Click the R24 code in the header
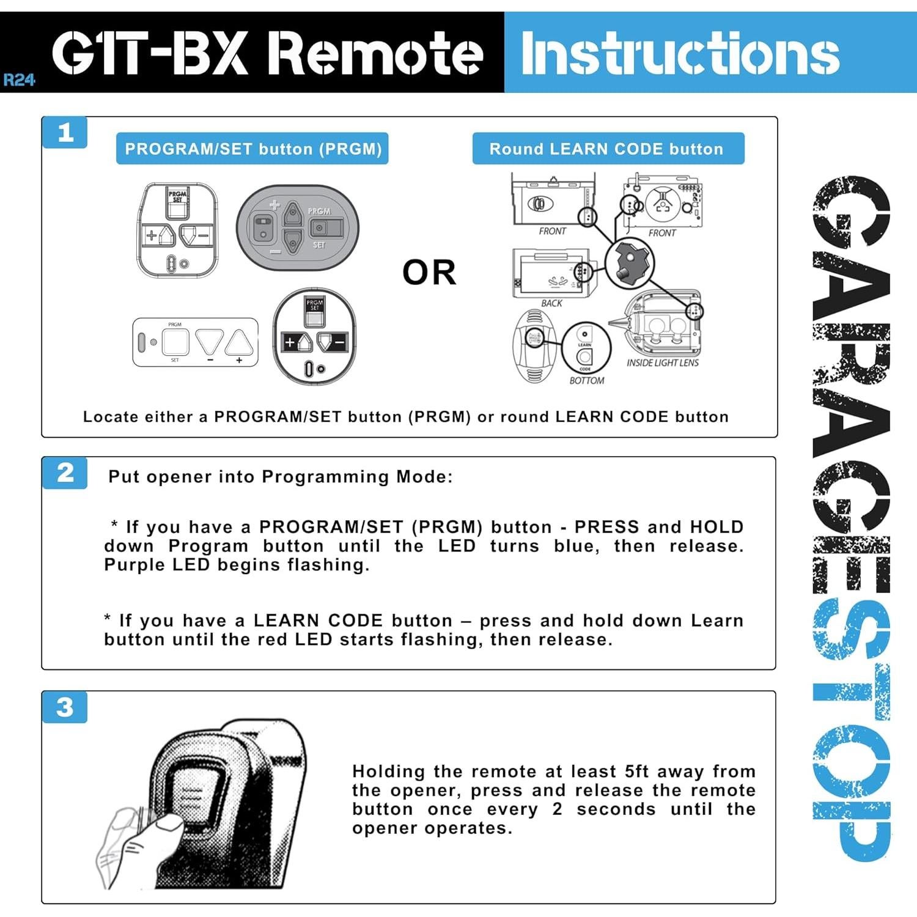(x=19, y=80)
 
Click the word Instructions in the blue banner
(x=680, y=54)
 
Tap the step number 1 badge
(x=65, y=133)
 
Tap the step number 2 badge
(x=65, y=473)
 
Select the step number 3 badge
(x=65, y=707)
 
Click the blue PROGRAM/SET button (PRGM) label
(x=252, y=149)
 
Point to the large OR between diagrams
(x=429, y=273)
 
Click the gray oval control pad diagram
(x=298, y=228)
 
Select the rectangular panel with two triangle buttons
(x=196, y=342)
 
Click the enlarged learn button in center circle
(x=629, y=263)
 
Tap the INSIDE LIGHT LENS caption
(x=662, y=363)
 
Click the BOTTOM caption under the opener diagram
(x=586, y=381)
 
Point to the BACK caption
(x=551, y=303)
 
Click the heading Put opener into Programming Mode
(x=281, y=477)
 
